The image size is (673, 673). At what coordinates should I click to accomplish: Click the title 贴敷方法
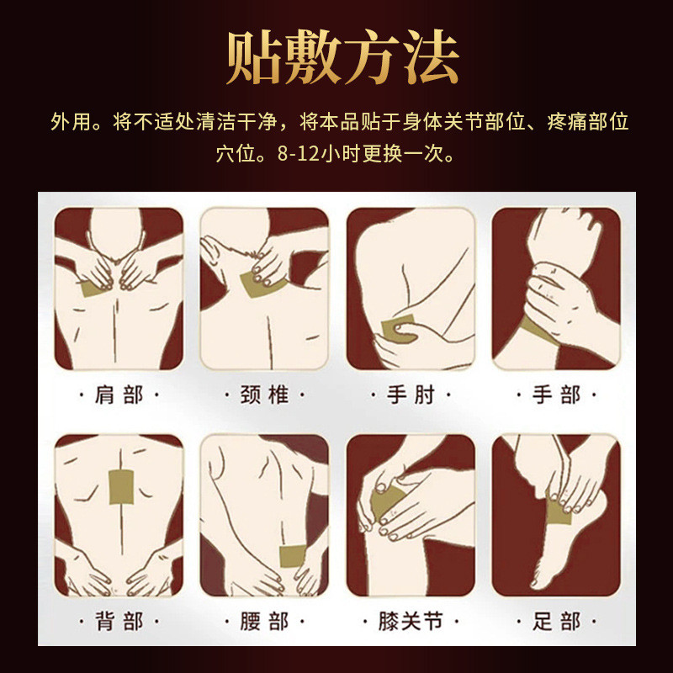[x=342, y=57]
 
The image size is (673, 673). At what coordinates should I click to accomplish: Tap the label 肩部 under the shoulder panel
[x=119, y=395]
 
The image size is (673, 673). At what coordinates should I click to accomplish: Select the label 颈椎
[x=264, y=395]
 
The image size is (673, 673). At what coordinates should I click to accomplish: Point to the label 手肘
[x=411, y=395]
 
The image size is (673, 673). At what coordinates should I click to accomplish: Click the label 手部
[x=557, y=395]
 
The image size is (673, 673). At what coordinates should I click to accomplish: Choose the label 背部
[x=119, y=621]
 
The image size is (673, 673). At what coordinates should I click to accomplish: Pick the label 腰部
[x=264, y=621]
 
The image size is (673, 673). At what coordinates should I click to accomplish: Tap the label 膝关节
[x=411, y=621]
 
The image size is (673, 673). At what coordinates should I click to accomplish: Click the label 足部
[x=557, y=621]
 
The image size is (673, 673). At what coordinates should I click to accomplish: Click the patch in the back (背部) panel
[x=121, y=487]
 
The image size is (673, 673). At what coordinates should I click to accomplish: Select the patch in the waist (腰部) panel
[x=292, y=556]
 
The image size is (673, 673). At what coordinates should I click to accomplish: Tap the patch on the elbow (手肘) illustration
[x=398, y=328]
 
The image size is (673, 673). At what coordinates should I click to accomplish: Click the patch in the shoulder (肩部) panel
[x=94, y=288]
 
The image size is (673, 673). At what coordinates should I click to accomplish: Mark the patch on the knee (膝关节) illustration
[x=385, y=502]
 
